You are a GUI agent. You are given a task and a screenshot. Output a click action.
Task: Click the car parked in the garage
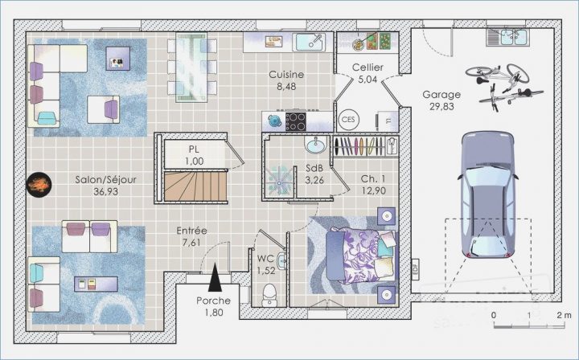[487, 198]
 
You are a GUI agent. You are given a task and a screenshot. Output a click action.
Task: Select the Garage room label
[441, 94]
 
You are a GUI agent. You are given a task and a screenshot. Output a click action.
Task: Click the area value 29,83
[441, 105]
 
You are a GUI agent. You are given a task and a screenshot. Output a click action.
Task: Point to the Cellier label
[367, 68]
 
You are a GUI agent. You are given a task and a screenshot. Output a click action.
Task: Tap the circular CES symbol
[348, 120]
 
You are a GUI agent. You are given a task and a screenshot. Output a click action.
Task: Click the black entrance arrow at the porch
[216, 279]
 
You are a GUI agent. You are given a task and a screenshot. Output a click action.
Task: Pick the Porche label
[214, 301]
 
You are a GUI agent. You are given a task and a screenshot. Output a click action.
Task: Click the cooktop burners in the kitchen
[296, 121]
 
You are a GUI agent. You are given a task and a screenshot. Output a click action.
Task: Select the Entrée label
[191, 231]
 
